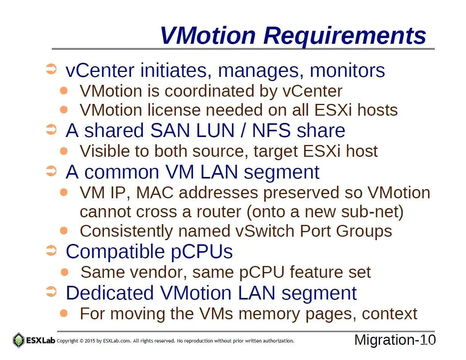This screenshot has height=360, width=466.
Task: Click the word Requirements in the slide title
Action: (345, 36)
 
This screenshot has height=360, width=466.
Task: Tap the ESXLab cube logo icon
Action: (19, 340)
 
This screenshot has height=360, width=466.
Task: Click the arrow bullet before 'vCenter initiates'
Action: (51, 69)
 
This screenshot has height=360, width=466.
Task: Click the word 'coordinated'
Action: (209, 91)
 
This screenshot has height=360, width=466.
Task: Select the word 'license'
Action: (174, 110)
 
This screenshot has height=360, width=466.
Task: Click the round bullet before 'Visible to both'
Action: (64, 151)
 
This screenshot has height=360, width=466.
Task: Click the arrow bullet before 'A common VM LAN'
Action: (51, 171)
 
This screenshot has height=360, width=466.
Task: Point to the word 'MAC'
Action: (155, 193)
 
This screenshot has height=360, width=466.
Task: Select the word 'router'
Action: (219, 212)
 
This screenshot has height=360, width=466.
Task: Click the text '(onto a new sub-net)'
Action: (325, 212)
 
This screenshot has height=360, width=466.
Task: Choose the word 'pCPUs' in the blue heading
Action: (201, 252)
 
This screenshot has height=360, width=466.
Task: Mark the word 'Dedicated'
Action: (110, 293)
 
